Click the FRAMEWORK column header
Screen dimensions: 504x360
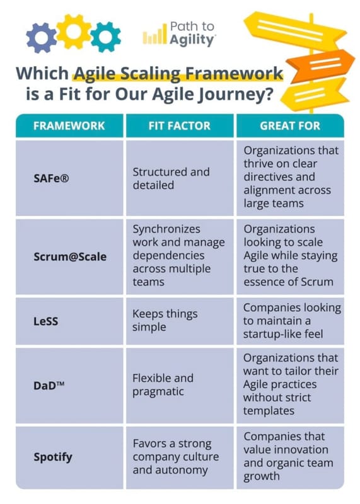pos(69,125)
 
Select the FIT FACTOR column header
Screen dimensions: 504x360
pos(180,125)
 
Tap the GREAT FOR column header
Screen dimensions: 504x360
pos(289,125)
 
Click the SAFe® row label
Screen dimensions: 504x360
pos(51,178)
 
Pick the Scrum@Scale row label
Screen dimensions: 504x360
pos(70,257)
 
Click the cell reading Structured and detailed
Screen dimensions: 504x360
pos(170,178)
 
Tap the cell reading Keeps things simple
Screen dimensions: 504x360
pos(165,321)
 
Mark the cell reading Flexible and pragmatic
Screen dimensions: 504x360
pos(163,385)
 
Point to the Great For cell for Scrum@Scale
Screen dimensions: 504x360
pos(290,255)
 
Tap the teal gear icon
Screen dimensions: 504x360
pos(105,37)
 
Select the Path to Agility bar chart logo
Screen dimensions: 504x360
pos(154,37)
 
